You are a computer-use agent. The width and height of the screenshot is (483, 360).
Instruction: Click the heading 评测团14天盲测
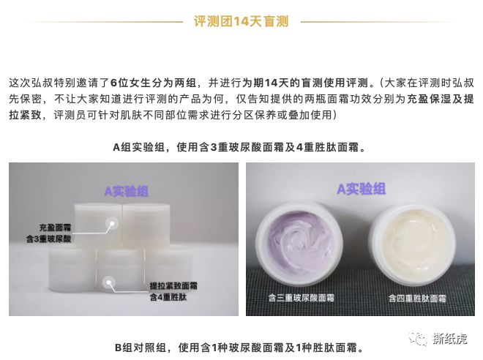[241, 21]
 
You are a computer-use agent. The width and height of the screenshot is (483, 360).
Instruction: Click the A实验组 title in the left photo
[125, 192]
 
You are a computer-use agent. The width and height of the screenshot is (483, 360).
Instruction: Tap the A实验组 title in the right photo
[360, 190]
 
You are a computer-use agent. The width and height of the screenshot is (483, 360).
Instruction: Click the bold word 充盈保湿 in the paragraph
[427, 100]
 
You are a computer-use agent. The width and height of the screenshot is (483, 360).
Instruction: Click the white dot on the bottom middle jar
[108, 279]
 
